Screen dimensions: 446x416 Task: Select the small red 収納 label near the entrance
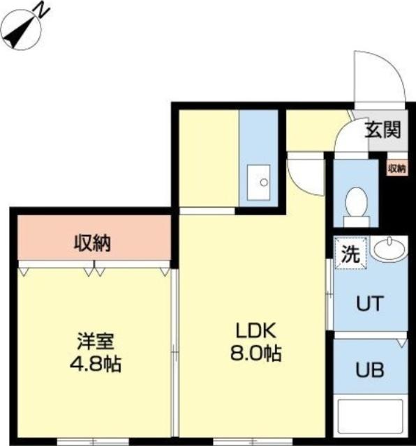pos(396,169)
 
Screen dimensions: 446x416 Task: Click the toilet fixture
pos(357,203)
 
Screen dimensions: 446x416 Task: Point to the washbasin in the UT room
pos(388,249)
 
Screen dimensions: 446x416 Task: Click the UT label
pos(369,304)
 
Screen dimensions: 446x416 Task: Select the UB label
pos(369,369)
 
